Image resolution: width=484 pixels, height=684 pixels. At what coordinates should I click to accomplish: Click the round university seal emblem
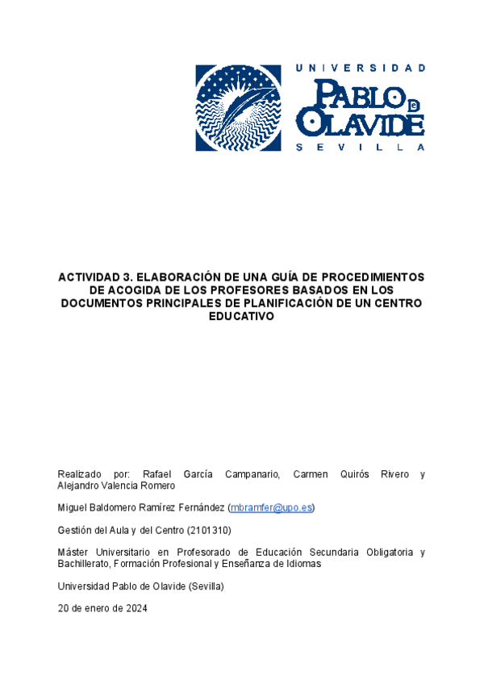coord(240,107)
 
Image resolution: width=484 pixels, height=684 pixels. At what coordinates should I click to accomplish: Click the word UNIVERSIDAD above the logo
coord(361,68)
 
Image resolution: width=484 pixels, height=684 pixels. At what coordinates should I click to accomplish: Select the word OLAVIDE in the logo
coord(360,123)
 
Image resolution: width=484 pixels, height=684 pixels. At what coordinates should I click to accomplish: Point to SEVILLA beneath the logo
coord(361,148)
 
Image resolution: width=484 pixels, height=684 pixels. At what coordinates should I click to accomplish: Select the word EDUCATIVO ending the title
coord(241,316)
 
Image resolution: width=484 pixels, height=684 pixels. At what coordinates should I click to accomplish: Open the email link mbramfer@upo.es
coord(271,507)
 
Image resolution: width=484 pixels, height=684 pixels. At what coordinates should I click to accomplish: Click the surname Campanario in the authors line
coord(248,473)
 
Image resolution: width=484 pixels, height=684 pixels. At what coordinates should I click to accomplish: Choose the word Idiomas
coord(302,564)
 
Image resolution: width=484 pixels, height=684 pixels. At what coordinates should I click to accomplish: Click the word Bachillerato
coord(84,564)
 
